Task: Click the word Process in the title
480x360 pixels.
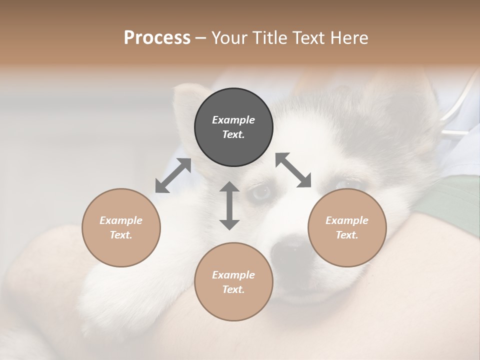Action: click(157, 38)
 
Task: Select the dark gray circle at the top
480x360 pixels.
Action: click(233, 127)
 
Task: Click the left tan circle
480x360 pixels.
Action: click(121, 227)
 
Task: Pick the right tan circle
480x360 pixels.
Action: click(347, 227)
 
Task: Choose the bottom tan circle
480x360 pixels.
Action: click(233, 281)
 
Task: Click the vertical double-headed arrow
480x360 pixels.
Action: click(229, 205)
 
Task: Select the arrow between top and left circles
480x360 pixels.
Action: click(173, 175)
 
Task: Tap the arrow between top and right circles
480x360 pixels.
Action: click(293, 170)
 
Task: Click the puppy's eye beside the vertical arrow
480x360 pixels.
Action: click(261, 192)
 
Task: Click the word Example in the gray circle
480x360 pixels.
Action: click(233, 120)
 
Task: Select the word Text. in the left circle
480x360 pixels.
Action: click(121, 235)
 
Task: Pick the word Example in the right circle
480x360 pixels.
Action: click(347, 220)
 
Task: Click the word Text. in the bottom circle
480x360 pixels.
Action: click(233, 289)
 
